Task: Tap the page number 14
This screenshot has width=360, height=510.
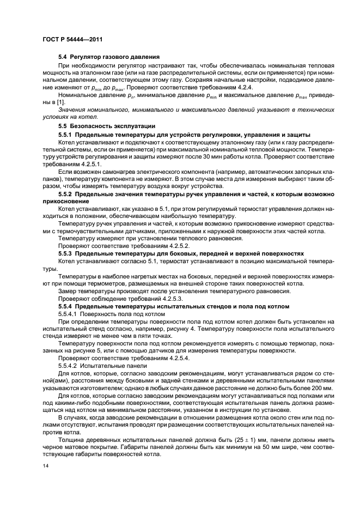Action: [46, 466]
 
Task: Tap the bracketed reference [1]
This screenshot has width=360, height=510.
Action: [50, 102]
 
